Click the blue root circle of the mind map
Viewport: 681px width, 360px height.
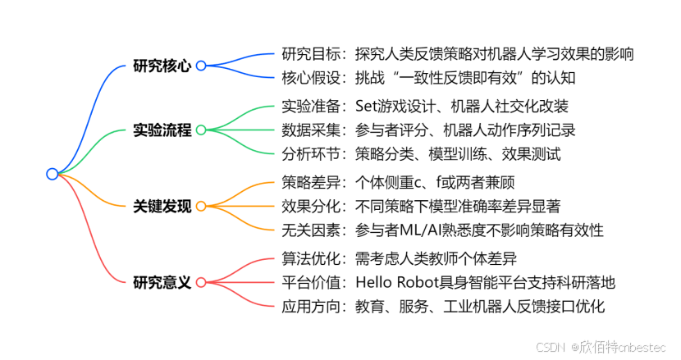(53, 174)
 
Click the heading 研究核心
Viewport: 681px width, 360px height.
(162, 66)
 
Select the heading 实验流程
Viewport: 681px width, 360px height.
(162, 130)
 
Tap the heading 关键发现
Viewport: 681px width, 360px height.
(162, 206)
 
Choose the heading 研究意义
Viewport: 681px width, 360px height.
(162, 282)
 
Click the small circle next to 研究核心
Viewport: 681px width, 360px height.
(200, 66)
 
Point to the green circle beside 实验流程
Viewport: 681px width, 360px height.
(200, 130)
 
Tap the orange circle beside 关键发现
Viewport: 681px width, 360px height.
(200, 206)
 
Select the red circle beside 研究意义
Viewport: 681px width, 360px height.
(200, 282)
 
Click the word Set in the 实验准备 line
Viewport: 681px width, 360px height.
(368, 106)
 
